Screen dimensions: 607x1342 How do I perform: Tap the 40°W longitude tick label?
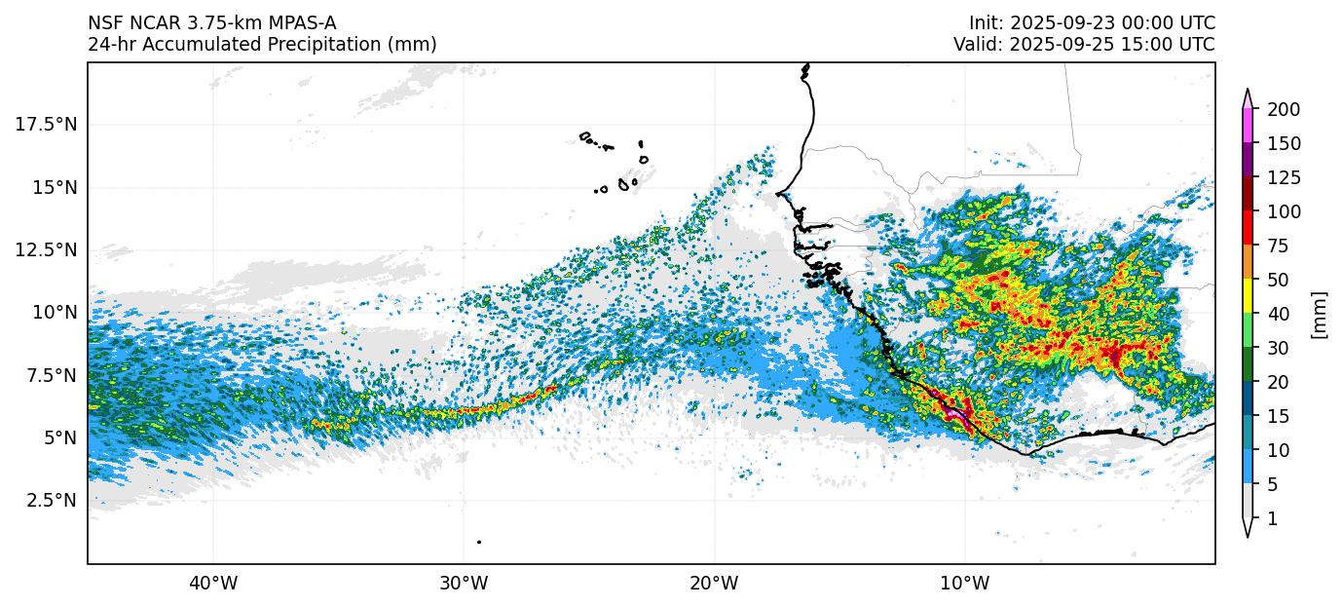(x=212, y=584)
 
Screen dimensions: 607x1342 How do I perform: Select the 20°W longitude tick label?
(x=714, y=584)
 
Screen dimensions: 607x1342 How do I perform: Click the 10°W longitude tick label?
(x=965, y=584)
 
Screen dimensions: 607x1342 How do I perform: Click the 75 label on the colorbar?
(x=1277, y=246)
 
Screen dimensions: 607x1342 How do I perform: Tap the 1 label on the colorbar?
(x=1272, y=519)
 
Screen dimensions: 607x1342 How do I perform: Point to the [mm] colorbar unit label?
(x=1320, y=314)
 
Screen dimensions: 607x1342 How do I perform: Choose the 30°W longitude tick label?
(x=464, y=584)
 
